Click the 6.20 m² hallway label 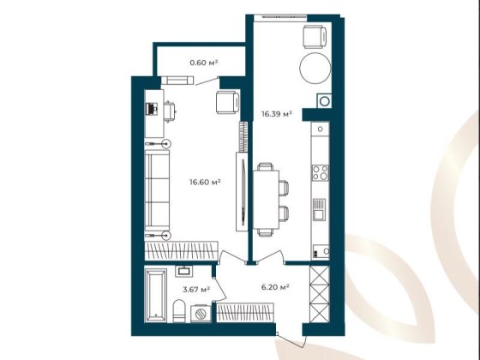click(273, 288)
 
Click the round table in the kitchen click(310, 68)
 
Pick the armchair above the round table click(315, 37)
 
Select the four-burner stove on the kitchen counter click(320, 172)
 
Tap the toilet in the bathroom click(176, 318)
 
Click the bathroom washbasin click(183, 272)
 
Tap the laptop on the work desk click(152, 109)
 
